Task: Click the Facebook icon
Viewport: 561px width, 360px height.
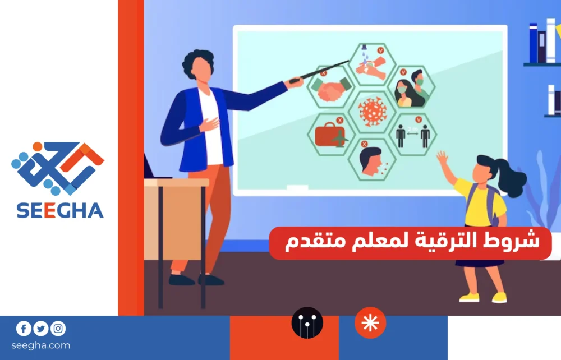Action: pos(24,329)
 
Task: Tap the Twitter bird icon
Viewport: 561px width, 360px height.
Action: pos(41,329)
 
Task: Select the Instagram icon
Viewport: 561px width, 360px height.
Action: pos(58,329)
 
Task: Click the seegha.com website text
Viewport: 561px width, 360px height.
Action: pos(41,345)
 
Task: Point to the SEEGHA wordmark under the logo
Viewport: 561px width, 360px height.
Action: pos(60,211)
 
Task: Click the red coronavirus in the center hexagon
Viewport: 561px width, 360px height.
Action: pos(373,112)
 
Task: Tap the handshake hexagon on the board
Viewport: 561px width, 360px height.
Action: pos(330,87)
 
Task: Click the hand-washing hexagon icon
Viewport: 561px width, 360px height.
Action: pos(372,64)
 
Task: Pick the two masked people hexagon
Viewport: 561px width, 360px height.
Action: pos(411,87)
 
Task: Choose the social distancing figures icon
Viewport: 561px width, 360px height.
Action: pos(412,136)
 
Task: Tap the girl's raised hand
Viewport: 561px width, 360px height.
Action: pos(443,158)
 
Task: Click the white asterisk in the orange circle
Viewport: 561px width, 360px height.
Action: pos(370,322)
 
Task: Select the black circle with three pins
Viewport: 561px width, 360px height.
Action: pos(307,322)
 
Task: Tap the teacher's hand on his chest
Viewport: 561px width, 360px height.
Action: pos(209,124)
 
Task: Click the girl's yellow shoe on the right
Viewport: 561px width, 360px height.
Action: pos(499,297)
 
